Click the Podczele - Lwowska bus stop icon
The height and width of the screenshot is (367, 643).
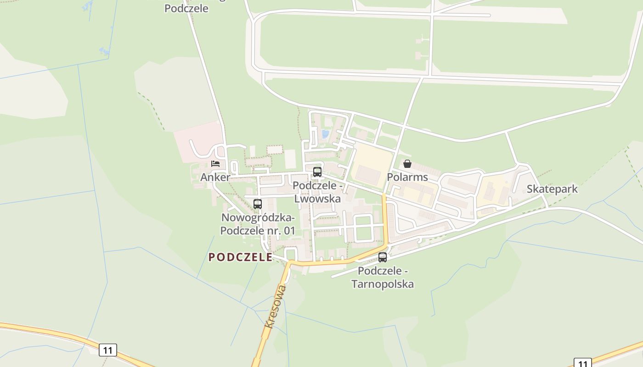tap(317, 172)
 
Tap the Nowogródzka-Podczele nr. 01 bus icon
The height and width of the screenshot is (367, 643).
tap(257, 204)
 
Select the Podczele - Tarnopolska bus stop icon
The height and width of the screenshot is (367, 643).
tap(383, 257)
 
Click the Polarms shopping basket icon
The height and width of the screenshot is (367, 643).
tap(407, 164)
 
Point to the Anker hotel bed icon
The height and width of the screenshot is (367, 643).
tap(215, 163)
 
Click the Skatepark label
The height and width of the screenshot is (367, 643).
tap(552, 189)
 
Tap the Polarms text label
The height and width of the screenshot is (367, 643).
tap(407, 177)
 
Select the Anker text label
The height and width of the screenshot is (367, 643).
tap(215, 177)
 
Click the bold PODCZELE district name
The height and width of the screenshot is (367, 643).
tap(241, 257)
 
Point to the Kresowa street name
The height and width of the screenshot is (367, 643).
tap(276, 306)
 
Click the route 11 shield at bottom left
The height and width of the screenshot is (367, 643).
tap(108, 350)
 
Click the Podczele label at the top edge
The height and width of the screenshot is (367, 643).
tap(186, 8)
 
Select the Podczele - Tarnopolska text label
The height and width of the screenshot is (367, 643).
tap(383, 278)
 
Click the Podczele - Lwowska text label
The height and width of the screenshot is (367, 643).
tap(317, 192)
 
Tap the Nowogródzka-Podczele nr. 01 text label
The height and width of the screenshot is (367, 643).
tap(258, 224)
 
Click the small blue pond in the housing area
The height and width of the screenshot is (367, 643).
tap(325, 134)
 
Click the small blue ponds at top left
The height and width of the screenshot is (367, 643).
tap(105, 50)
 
